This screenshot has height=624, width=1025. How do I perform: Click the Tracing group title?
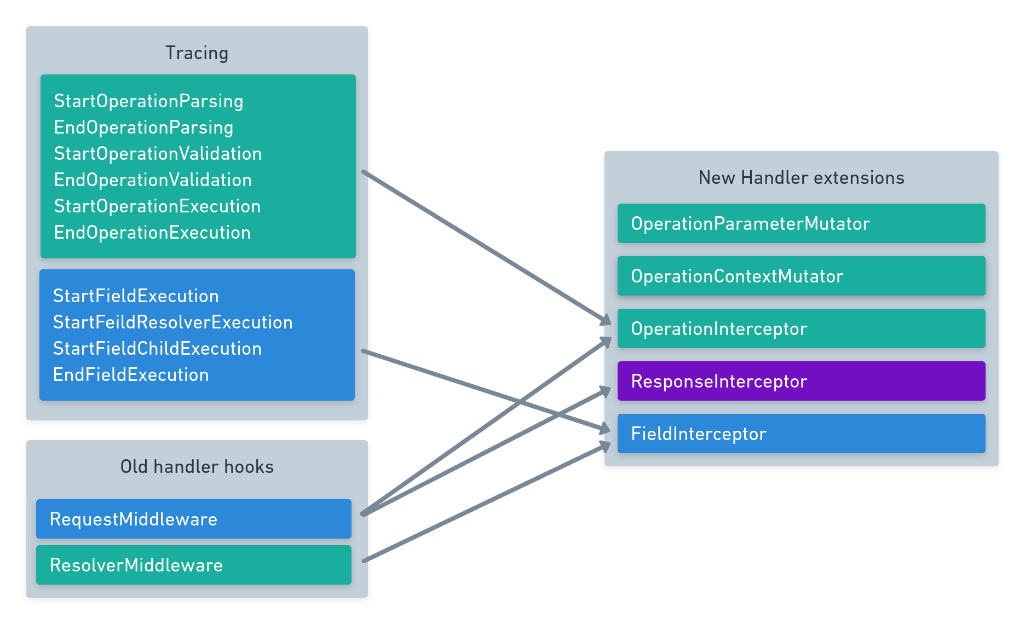coord(197,53)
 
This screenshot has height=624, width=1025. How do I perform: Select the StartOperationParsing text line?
coord(148,101)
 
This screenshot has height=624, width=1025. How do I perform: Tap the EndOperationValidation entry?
coord(153,180)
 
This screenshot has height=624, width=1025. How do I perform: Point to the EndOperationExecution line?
coord(152,233)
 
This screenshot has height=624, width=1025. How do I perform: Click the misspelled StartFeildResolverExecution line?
coord(172,322)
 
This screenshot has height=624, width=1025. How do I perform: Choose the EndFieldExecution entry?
coord(131,375)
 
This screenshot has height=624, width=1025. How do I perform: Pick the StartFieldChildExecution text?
coord(157,349)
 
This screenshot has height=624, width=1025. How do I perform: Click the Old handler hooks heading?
coord(197,467)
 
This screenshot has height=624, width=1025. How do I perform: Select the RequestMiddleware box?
coord(193,519)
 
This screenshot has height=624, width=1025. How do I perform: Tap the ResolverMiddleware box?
coord(193,565)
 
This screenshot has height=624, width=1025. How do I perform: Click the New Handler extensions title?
coord(801,178)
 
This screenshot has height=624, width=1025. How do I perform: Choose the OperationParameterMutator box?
coord(801,223)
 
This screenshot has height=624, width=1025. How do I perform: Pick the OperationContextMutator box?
coord(801,276)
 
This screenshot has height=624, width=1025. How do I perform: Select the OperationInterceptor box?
coord(801,328)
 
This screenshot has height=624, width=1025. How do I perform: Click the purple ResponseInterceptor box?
coord(801,381)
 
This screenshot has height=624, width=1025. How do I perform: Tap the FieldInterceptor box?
coord(801,434)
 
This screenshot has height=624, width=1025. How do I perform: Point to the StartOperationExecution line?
coord(157,206)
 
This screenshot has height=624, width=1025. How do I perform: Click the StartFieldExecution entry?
coord(136,296)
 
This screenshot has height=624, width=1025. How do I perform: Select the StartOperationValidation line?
coord(158,154)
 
